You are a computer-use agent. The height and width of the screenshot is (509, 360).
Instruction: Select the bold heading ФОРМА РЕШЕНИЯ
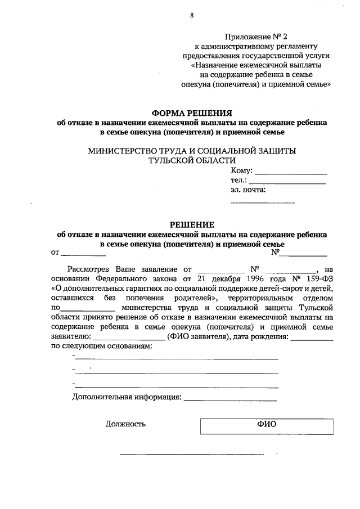point(192,112)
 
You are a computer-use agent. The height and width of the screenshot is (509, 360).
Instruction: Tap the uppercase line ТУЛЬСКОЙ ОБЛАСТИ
point(192,160)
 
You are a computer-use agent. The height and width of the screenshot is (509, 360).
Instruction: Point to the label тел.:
point(238,181)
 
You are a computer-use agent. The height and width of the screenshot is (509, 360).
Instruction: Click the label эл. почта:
point(248,190)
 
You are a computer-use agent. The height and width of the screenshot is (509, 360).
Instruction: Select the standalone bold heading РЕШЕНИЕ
point(192,225)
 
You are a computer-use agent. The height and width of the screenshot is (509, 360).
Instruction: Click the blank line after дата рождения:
point(312,337)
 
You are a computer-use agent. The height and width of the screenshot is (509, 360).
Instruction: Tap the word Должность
point(125,424)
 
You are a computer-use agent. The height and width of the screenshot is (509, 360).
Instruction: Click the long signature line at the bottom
point(192,453)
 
